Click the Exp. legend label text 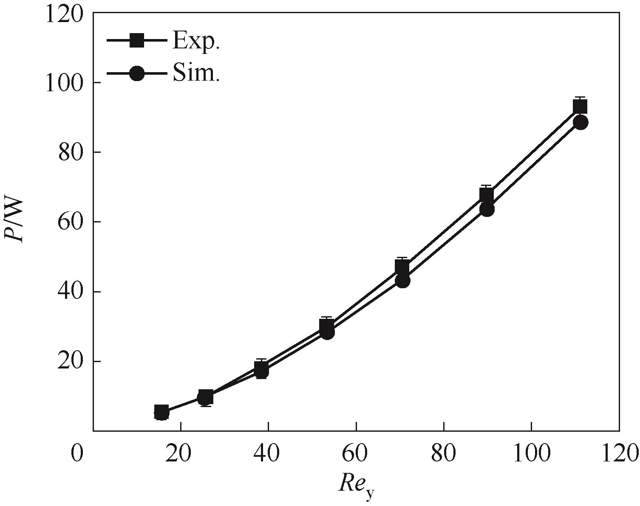196,41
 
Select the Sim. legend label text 196,73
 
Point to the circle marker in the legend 137,73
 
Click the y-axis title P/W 15,221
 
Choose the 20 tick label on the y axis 70,362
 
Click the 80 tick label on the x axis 444,453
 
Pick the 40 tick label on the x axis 268,453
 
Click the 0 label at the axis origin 77,453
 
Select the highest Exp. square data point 580,107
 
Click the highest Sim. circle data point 581,122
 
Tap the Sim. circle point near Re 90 487,209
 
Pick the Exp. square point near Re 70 402,267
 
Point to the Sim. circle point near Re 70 402,280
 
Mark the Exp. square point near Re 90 487,194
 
